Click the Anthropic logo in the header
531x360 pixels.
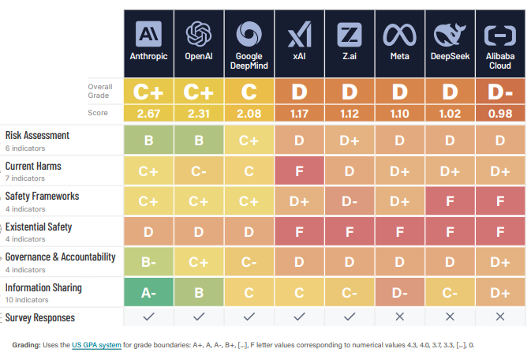148,34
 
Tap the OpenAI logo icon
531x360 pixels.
198,34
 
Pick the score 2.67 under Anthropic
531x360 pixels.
148,114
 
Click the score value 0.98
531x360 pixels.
499,114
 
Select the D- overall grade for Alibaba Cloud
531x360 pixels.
499,92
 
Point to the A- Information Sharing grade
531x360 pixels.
148,292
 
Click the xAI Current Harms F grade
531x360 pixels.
299,171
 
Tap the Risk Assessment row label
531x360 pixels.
37,135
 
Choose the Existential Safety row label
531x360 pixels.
39,227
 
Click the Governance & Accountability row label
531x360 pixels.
60,257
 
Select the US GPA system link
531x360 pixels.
96,345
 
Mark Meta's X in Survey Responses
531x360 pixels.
398,317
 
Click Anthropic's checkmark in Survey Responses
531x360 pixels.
148,317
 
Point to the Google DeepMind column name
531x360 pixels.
249,61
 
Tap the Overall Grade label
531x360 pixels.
100,89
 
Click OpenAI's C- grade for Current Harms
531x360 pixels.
198,171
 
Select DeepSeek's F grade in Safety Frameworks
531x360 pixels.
449,201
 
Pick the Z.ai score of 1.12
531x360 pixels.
349,114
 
